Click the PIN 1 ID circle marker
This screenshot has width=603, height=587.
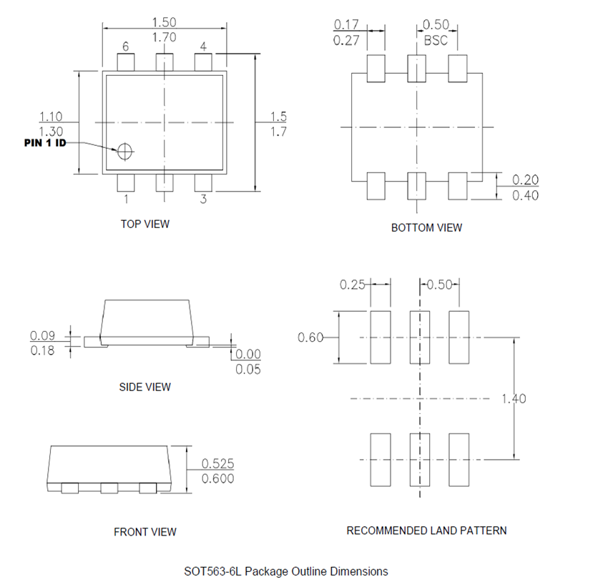[x=125, y=151]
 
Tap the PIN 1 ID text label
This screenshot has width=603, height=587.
[x=45, y=142]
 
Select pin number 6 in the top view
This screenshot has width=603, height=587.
[x=126, y=47]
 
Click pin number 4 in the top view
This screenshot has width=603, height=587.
[x=203, y=47]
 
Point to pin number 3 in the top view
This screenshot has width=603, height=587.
[x=203, y=199]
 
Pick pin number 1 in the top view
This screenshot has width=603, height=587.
[x=126, y=199]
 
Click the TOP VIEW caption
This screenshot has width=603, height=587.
[x=145, y=224]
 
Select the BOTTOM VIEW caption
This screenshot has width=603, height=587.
[x=426, y=227]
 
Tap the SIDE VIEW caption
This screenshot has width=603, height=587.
[x=145, y=387]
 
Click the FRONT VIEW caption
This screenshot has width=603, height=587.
[x=145, y=532]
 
